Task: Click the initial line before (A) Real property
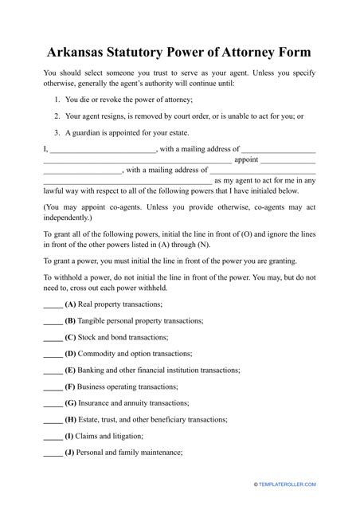point(53,306)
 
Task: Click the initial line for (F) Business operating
point(53,387)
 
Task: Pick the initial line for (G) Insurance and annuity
point(53,403)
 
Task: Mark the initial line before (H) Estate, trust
point(53,420)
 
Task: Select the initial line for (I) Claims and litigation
point(53,437)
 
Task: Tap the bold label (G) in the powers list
point(71,403)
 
